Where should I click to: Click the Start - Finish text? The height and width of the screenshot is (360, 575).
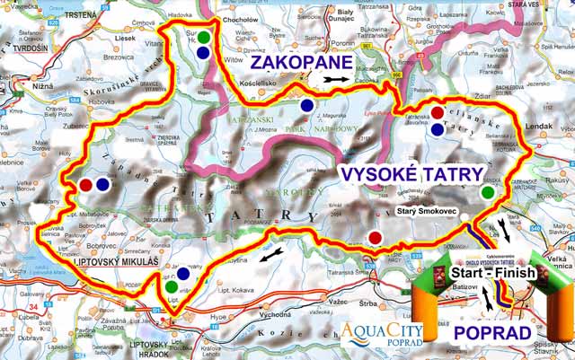tap(493, 272)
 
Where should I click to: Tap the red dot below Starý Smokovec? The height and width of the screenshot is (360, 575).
tap(375, 237)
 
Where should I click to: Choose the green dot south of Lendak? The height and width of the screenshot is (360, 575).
tap(487, 192)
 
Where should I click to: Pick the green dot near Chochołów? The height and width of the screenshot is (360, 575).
tap(205, 38)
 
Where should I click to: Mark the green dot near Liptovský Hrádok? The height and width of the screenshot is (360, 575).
tap(171, 286)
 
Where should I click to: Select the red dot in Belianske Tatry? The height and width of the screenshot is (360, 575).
tap(438, 112)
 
